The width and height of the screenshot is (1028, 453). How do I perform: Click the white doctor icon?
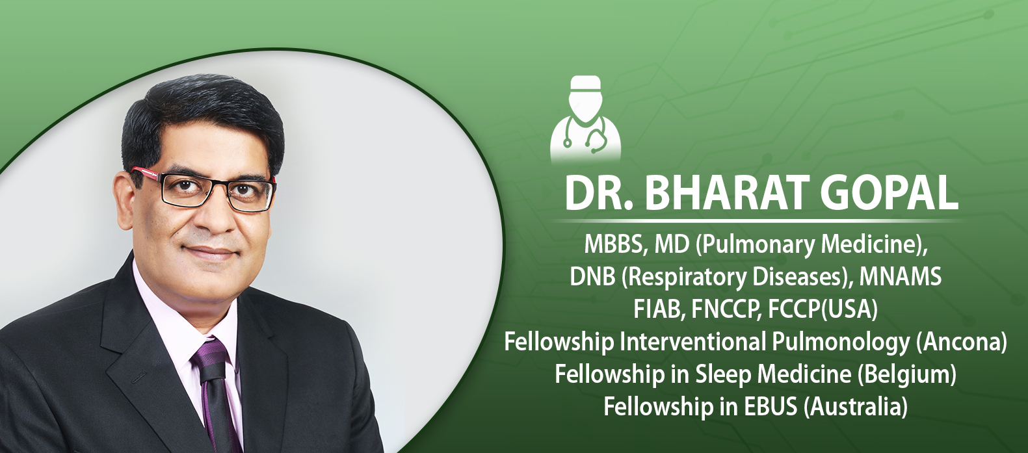(586, 118)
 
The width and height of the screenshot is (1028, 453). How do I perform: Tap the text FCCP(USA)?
(823, 309)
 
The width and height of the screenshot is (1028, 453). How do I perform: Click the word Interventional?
(692, 342)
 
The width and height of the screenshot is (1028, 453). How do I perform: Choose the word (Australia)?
(856, 407)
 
